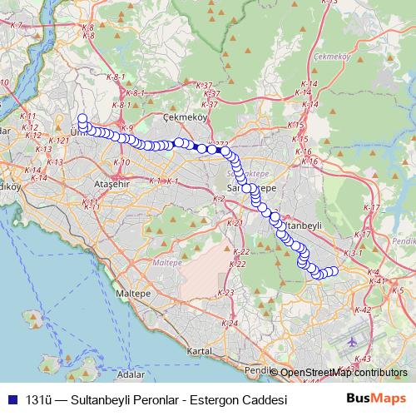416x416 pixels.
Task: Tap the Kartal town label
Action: (x=201, y=350)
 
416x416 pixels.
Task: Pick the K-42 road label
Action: (x=363, y=310)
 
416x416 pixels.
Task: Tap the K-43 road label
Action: (x=363, y=359)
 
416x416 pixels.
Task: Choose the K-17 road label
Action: (x=372, y=207)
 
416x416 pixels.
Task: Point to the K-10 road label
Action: (x=121, y=161)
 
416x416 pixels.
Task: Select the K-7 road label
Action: (x=16, y=26)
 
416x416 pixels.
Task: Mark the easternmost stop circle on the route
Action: (x=334, y=271)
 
